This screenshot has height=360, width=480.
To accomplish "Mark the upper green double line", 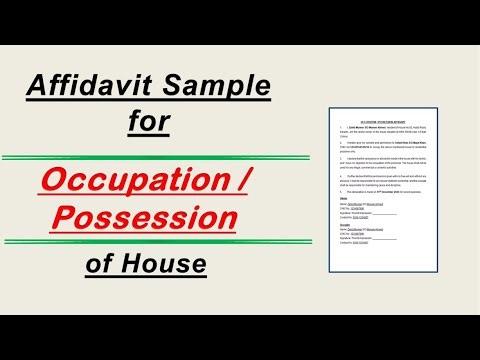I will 145,158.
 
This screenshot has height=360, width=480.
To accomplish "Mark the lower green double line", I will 145,244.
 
